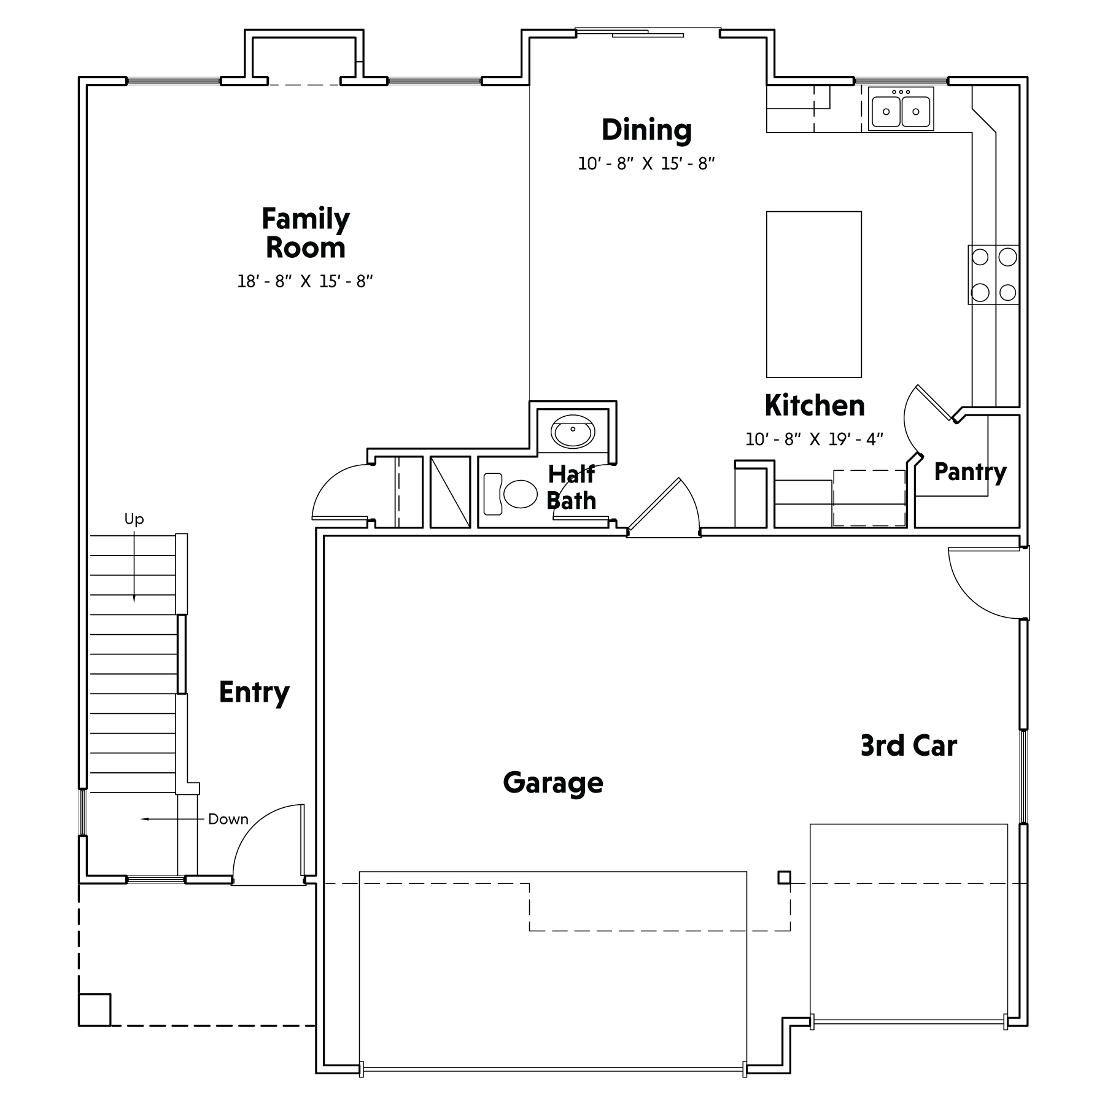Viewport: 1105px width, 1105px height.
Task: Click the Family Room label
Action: click(306, 233)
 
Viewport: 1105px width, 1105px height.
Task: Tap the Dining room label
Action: click(646, 130)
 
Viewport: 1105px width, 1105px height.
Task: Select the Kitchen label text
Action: click(815, 405)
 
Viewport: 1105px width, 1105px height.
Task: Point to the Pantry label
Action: click(970, 472)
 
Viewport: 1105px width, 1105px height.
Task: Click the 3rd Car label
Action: click(909, 746)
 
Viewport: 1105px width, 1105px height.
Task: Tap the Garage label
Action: click(553, 783)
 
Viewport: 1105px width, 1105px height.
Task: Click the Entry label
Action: click(254, 693)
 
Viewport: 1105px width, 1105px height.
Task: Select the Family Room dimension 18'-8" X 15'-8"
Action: click(306, 281)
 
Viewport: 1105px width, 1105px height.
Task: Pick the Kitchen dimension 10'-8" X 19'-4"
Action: click(814, 439)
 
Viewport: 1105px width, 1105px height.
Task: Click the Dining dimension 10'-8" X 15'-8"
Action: click(646, 164)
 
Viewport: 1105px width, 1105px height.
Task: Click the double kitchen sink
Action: click(901, 109)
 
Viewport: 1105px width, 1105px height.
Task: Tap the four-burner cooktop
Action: click(994, 274)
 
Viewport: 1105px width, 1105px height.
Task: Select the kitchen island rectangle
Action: click(814, 295)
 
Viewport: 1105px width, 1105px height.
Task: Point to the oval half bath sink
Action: click(573, 432)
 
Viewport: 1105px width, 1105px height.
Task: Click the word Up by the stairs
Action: click(134, 519)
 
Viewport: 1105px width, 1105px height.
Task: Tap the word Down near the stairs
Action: click(228, 819)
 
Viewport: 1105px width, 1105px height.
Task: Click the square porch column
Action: click(95, 1010)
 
